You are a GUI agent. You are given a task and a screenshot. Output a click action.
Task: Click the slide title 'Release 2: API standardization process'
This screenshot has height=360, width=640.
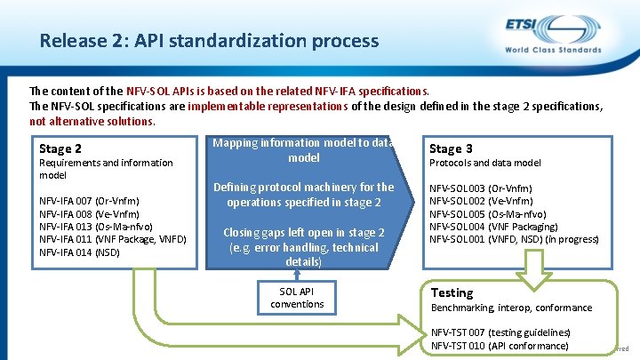[209, 41]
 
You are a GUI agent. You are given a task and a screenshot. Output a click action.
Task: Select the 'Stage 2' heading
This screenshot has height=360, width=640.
[60, 148]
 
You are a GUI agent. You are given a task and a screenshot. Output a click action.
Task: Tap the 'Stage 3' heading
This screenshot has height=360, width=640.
[451, 148]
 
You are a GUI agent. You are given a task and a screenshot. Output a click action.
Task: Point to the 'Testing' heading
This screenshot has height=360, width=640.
[452, 292]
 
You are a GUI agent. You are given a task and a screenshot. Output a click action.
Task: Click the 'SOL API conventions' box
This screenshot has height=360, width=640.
[297, 298]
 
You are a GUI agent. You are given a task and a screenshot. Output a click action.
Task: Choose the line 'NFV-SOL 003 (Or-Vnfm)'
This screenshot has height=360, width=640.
[481, 188]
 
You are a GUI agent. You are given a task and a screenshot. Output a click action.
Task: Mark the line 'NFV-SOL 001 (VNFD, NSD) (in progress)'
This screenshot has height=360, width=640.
[514, 239]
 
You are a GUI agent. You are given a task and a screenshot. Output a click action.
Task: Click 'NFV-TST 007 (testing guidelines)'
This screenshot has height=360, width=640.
[500, 332]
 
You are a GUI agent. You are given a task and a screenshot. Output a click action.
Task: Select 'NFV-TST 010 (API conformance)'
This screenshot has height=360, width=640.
[500, 345]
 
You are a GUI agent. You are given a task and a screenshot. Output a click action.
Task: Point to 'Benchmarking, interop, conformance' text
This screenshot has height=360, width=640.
[511, 308]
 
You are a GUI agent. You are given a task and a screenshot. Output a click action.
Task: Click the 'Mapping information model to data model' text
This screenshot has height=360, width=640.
[303, 150]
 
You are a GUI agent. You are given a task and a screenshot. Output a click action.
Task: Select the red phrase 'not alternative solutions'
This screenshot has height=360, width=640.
[92, 122]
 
